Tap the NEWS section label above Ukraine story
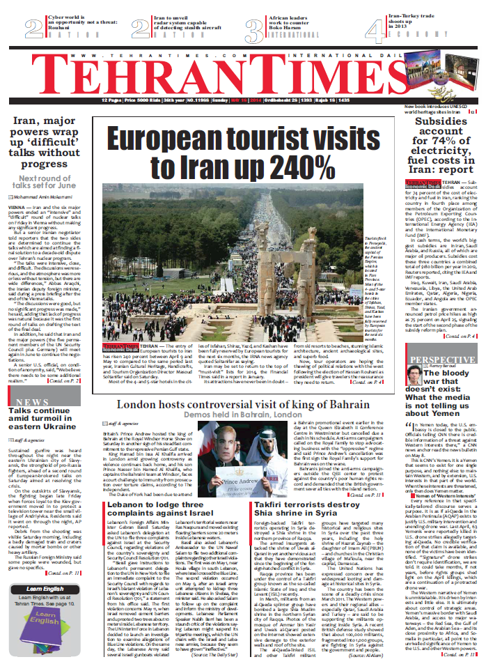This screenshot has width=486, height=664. click(32, 402)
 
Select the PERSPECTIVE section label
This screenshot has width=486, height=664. click(432, 360)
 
